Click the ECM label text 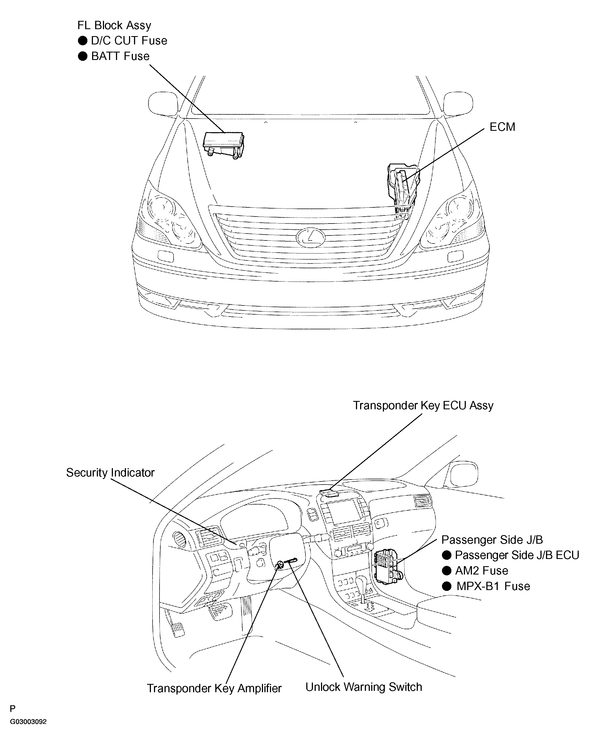(502, 127)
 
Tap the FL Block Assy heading (114, 26)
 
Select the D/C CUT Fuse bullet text (129, 41)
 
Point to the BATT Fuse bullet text (120, 56)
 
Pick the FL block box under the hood (223, 145)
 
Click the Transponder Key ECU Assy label (423, 405)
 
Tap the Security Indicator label (110, 473)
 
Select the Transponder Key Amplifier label (214, 688)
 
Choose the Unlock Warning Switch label (364, 687)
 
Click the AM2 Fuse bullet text (481, 571)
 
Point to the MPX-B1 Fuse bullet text (493, 586)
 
